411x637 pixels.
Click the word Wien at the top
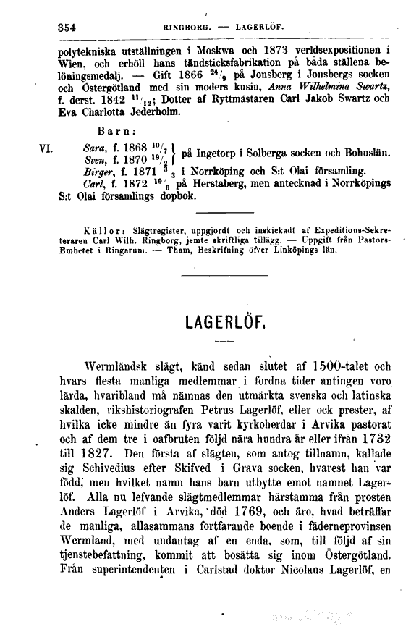click(x=73, y=64)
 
